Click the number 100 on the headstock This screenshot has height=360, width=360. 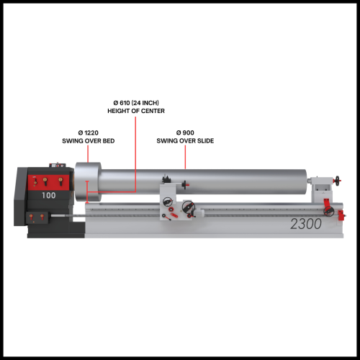(49, 195)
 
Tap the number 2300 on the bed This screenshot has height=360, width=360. (306, 224)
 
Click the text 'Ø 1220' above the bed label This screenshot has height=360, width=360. (89, 132)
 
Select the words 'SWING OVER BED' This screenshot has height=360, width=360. (89, 141)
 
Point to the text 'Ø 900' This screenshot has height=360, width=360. (185, 132)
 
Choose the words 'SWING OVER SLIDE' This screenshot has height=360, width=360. (185, 141)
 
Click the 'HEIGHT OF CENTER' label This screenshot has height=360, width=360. (136, 111)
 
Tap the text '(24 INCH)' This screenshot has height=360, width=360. (145, 103)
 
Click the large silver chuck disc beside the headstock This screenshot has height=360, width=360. (88, 182)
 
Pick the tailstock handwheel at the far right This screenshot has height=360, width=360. (338, 181)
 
